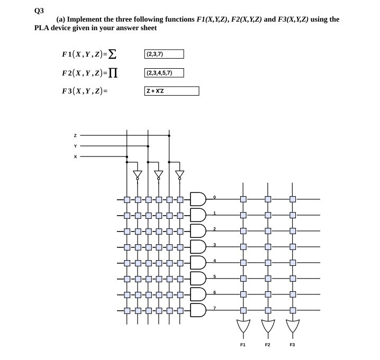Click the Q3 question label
click(38, 9)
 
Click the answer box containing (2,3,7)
click(164, 54)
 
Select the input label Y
click(75, 146)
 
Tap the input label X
click(75, 157)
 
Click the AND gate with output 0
click(197, 200)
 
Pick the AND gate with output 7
click(197, 309)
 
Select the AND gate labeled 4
click(197, 262)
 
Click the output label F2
click(267, 344)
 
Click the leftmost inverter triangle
click(138, 174)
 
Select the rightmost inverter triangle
click(180, 174)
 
